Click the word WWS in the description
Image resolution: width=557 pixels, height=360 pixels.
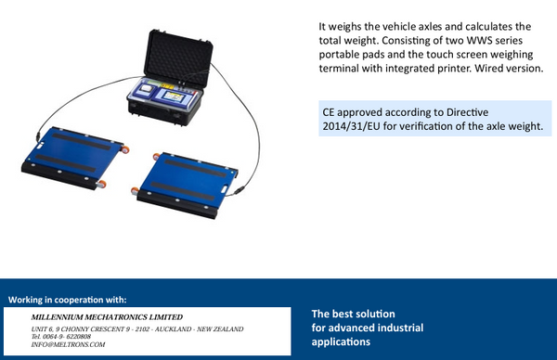pyautogui.click(x=479, y=41)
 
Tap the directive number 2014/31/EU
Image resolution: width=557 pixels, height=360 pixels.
pyautogui.click(x=351, y=126)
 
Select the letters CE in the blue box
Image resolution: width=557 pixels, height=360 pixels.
pyautogui.click(x=329, y=112)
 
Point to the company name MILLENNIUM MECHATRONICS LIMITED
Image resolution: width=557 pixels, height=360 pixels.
pyautogui.click(x=107, y=317)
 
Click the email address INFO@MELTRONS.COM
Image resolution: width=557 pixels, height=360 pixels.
pyautogui.click(x=68, y=344)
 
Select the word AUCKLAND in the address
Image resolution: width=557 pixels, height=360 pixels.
pyautogui.click(x=173, y=329)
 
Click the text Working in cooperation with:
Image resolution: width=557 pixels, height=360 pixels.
pyautogui.click(x=68, y=300)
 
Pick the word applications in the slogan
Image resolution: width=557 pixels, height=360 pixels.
pyautogui.click(x=341, y=341)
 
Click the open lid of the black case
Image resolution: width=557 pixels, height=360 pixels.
pyautogui.click(x=178, y=58)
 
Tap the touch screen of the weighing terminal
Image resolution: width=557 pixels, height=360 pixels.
pyautogui.click(x=173, y=96)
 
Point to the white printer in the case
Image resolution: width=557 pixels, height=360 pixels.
pyautogui.click(x=146, y=89)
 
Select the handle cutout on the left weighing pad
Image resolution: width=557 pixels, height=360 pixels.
pyautogui.click(x=40, y=145)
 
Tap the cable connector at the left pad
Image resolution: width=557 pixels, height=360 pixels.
pyautogui.click(x=38, y=136)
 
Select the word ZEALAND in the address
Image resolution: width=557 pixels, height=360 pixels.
pyautogui.click(x=228, y=329)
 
